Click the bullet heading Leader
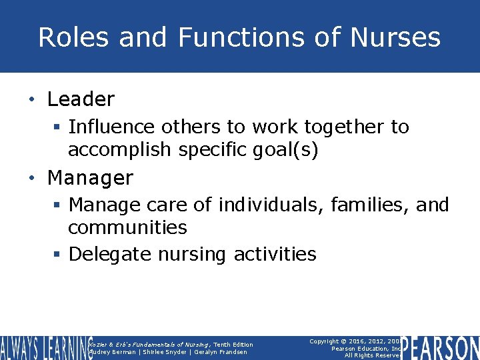pos(81,100)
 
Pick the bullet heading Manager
pos(90,178)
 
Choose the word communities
pos(127,227)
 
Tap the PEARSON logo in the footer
pos(440,347)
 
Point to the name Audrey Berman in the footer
pos(112,352)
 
